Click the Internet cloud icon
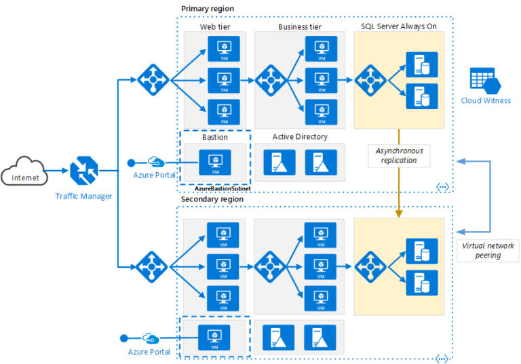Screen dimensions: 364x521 (x=24, y=174)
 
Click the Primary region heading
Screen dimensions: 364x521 (x=207, y=8)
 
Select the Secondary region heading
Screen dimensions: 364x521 (x=212, y=199)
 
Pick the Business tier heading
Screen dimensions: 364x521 (x=300, y=27)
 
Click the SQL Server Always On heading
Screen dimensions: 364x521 (x=399, y=26)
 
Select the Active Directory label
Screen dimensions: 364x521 (x=300, y=137)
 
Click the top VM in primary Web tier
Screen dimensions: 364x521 (x=223, y=49)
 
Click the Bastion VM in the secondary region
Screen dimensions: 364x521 (x=214, y=336)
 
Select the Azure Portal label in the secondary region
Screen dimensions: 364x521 (x=149, y=352)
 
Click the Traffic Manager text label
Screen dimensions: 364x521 (x=84, y=197)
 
